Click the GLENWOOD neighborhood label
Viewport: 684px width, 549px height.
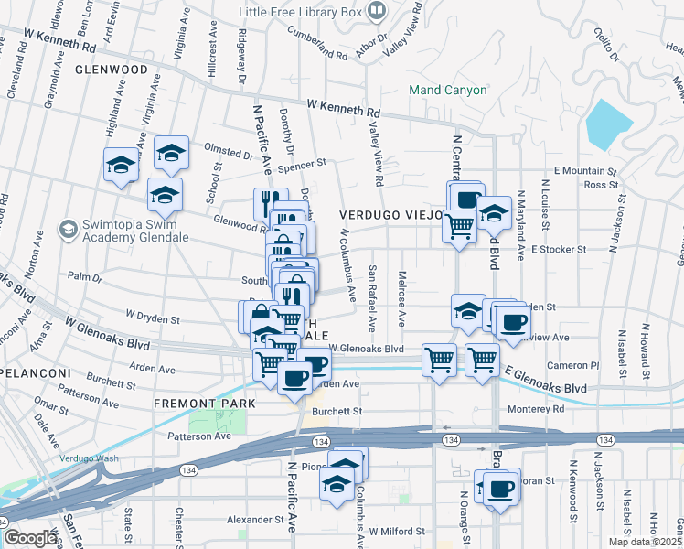pyautogui.click(x=112, y=70)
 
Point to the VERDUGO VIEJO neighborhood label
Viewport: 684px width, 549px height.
pyautogui.click(x=391, y=214)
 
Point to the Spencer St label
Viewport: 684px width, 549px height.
pyautogui.click(x=302, y=166)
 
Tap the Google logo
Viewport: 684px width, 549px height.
pyautogui.click(x=31, y=538)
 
